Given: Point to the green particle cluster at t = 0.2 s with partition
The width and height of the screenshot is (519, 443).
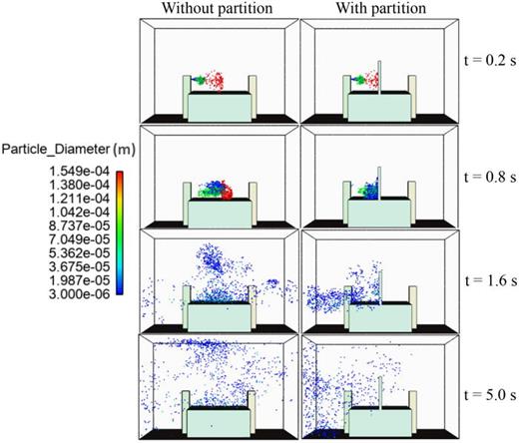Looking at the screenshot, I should (355, 78).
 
